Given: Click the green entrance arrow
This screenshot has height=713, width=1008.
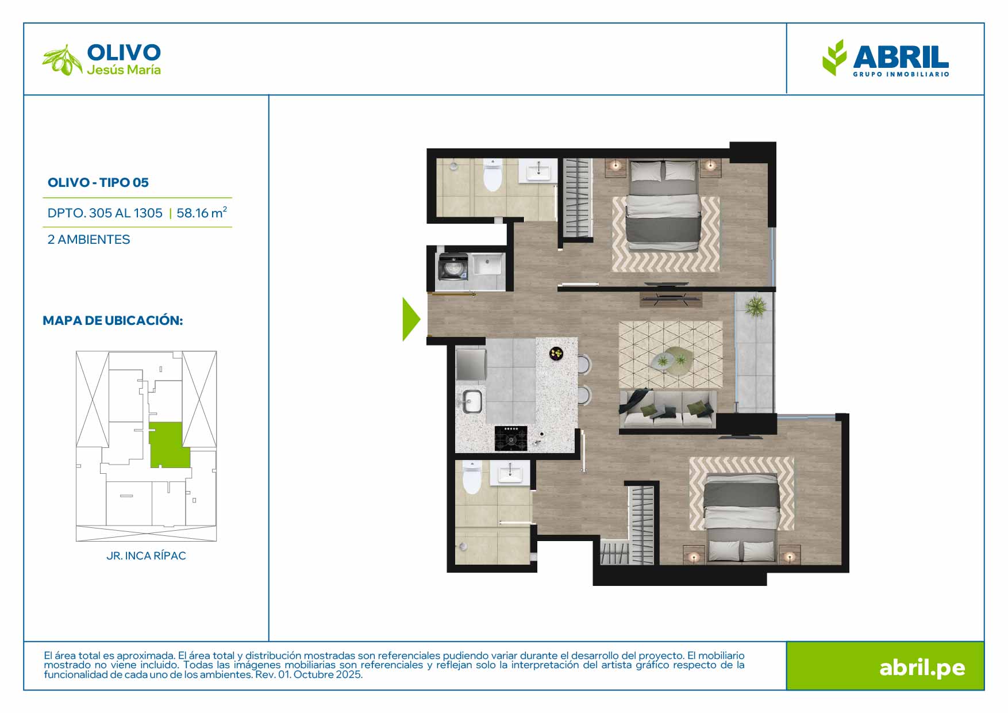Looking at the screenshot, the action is pos(410,319).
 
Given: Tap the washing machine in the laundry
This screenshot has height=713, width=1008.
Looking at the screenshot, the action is pos(453,267).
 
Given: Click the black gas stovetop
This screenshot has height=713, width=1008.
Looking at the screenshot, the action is pos(511,439).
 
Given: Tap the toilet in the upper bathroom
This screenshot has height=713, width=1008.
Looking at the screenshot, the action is pos(493,175).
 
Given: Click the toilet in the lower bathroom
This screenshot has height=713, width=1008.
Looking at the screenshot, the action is pos(472,477).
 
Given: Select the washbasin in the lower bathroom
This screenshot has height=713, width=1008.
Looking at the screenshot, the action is pos(510,473).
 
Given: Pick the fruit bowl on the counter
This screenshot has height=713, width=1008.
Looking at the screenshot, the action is pos(556,354).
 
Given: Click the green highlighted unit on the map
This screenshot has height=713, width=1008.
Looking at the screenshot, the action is pos(169,445).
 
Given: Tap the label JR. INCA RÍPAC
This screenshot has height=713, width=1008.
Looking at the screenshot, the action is pos(146,556).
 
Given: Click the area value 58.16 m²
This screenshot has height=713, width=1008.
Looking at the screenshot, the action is pos(202,213).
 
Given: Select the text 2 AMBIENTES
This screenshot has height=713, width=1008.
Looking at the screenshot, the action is pos(89,240).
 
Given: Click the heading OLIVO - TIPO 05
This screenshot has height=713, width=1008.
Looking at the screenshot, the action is pos(98,183).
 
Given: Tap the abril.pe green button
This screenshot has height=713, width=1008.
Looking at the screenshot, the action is pos(885,666).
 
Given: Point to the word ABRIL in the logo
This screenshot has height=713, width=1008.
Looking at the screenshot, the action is pos(901,57).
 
